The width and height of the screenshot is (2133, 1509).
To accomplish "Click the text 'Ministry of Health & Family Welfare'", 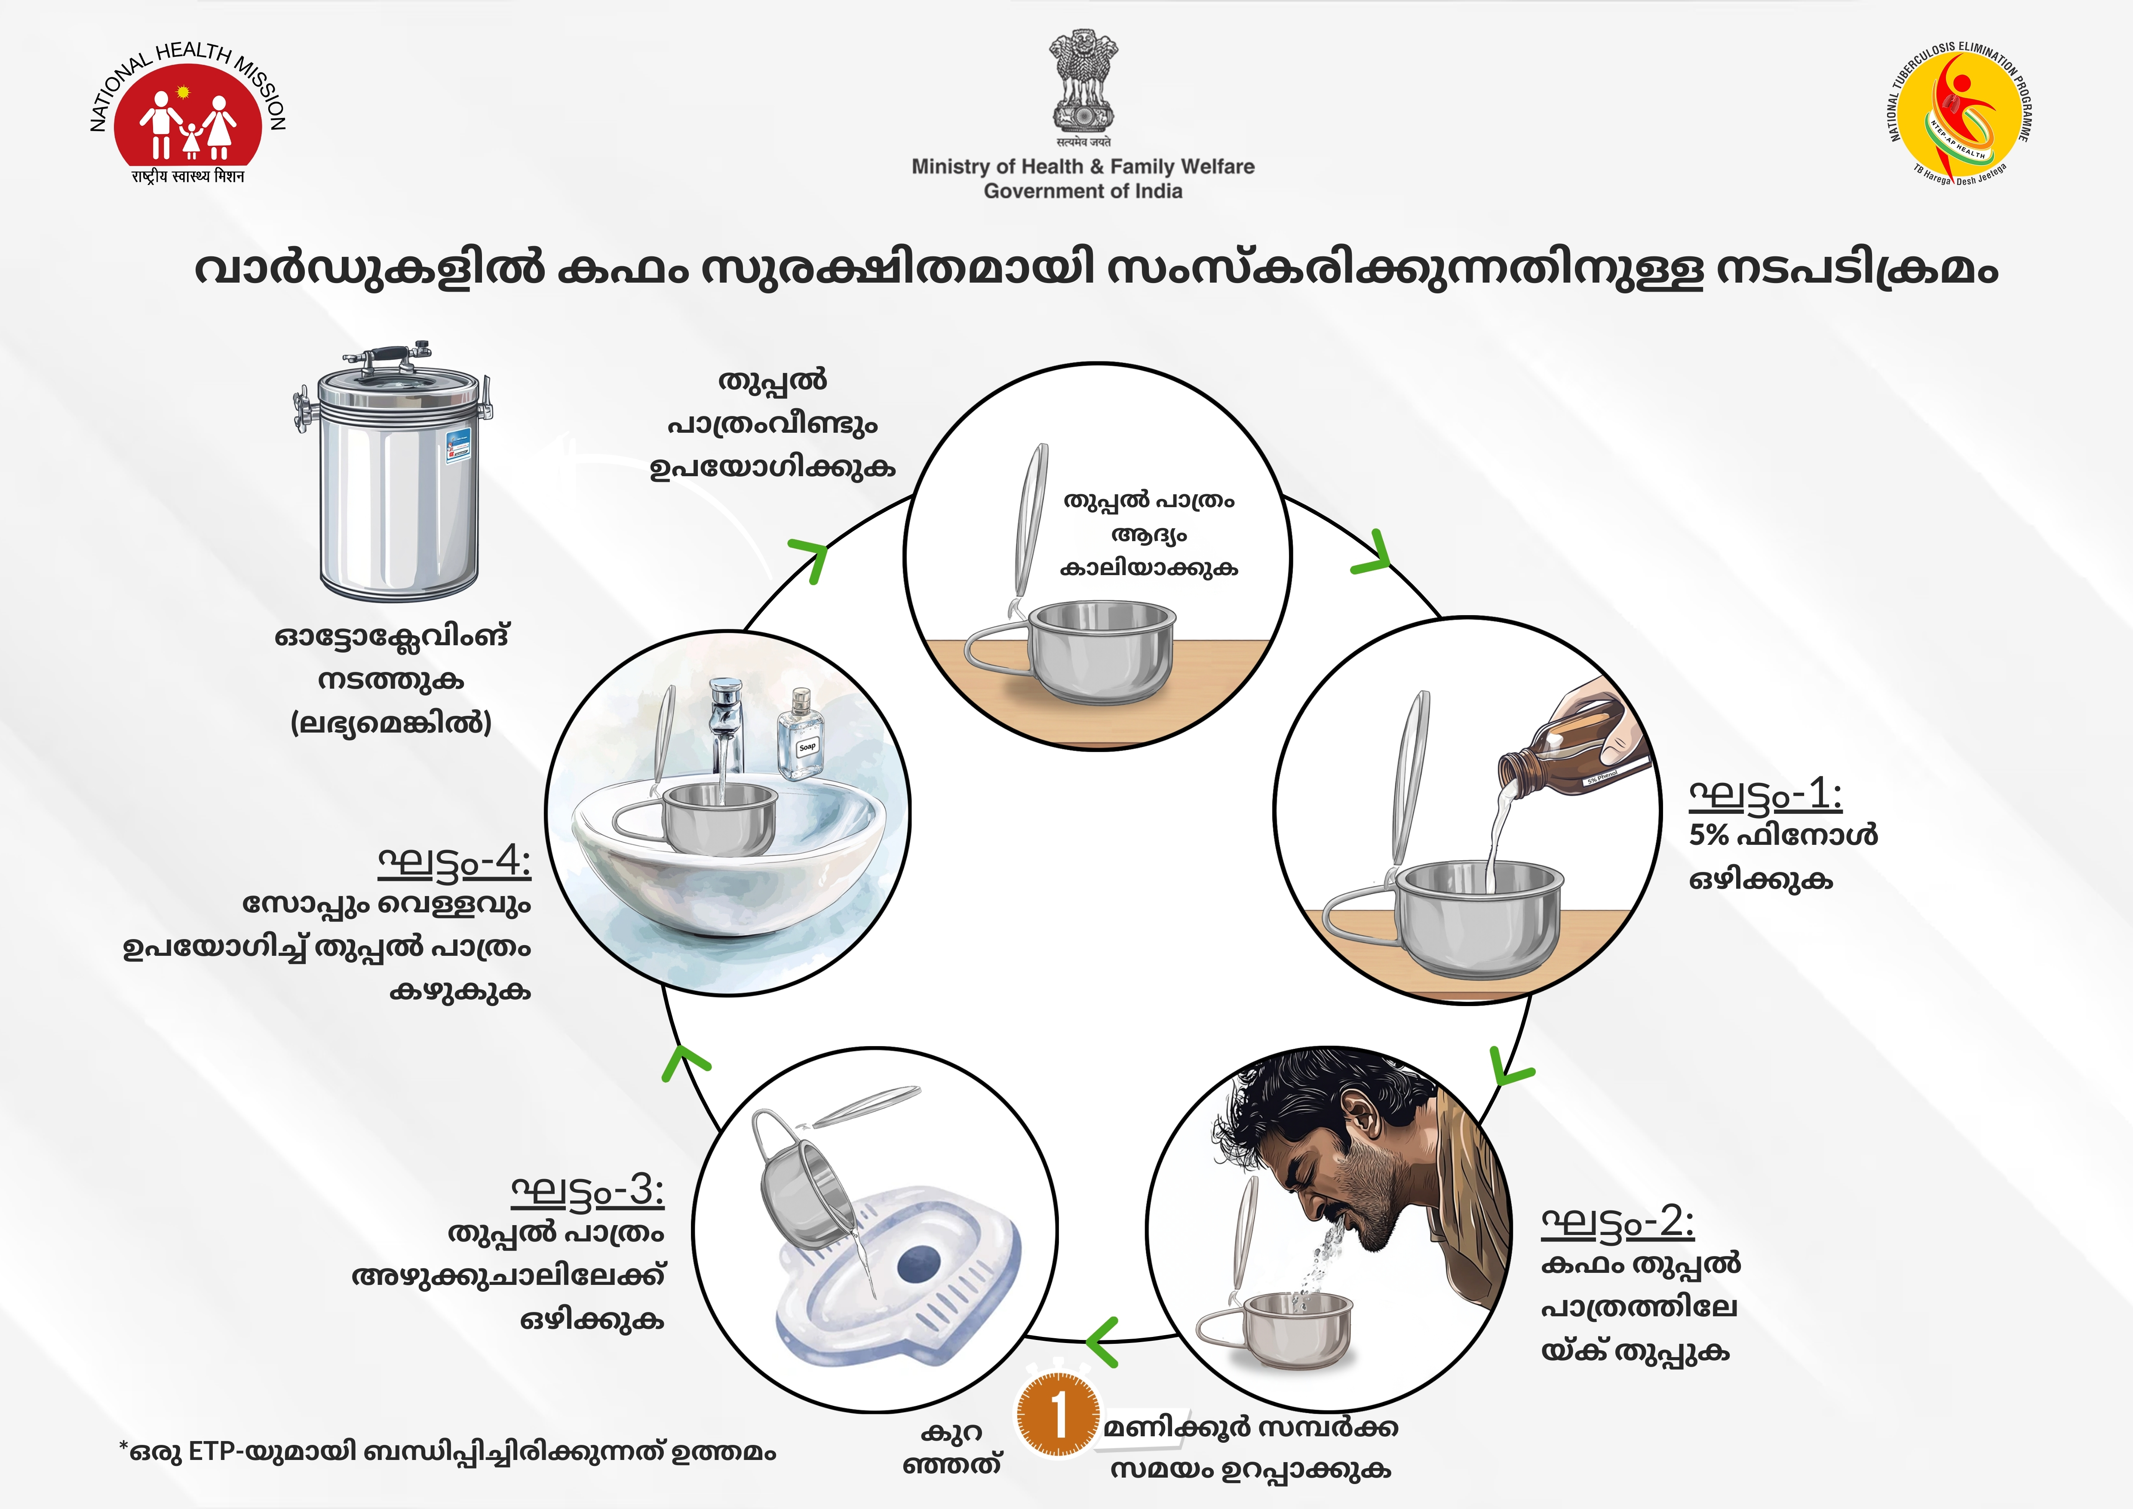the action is coord(1083,166).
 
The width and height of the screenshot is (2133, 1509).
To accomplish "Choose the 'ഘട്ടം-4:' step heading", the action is coord(454,862).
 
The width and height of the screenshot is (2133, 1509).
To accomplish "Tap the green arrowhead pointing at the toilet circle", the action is coord(1102,1341).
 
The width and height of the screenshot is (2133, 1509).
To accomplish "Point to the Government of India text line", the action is coord(1083,191).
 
